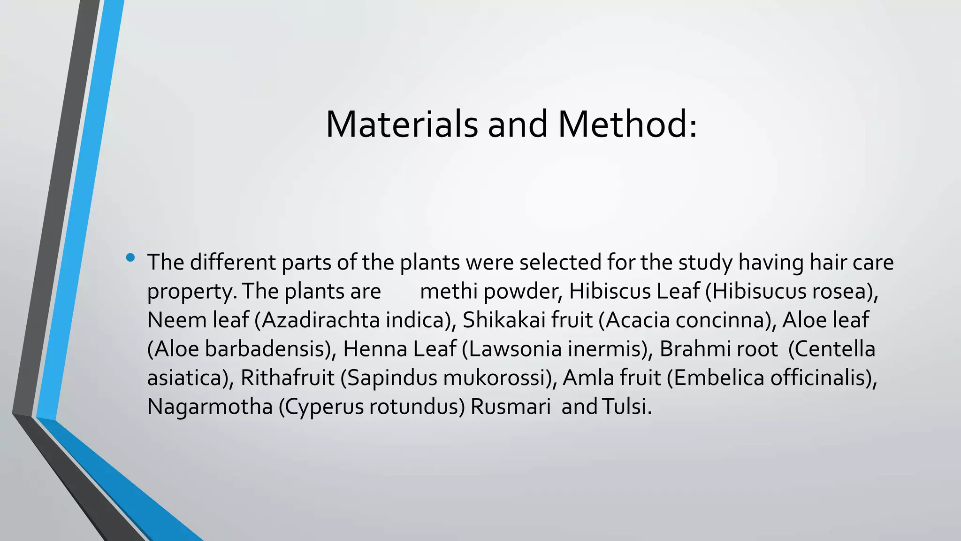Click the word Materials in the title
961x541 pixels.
click(401, 124)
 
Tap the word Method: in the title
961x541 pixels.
click(627, 124)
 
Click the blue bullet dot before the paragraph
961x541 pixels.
click(130, 257)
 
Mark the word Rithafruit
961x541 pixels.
click(287, 378)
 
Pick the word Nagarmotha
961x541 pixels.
click(210, 407)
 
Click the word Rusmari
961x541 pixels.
click(511, 407)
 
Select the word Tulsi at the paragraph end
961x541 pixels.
click(625, 407)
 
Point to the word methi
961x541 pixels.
click(449, 291)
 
